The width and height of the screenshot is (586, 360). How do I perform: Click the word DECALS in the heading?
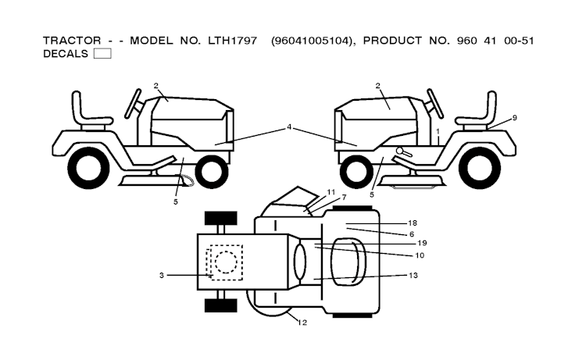pos(66,54)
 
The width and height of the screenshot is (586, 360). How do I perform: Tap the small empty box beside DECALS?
pos(102,54)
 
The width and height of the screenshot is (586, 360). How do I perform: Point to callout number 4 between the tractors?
pos(289,127)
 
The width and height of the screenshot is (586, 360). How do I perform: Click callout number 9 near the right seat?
pos(515,118)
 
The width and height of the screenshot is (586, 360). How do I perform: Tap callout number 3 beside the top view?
pos(161,275)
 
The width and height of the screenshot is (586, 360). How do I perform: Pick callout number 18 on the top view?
pos(412,223)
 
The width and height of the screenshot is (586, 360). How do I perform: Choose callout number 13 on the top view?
pos(413,276)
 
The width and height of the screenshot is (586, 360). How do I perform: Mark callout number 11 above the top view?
pos(331,191)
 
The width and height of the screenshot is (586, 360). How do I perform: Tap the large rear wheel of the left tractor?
pos(88,166)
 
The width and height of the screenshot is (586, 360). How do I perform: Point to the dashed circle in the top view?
pos(226,261)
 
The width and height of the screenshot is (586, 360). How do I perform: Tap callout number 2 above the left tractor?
pos(156,85)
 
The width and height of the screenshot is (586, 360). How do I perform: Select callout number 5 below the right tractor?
pos(371,194)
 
